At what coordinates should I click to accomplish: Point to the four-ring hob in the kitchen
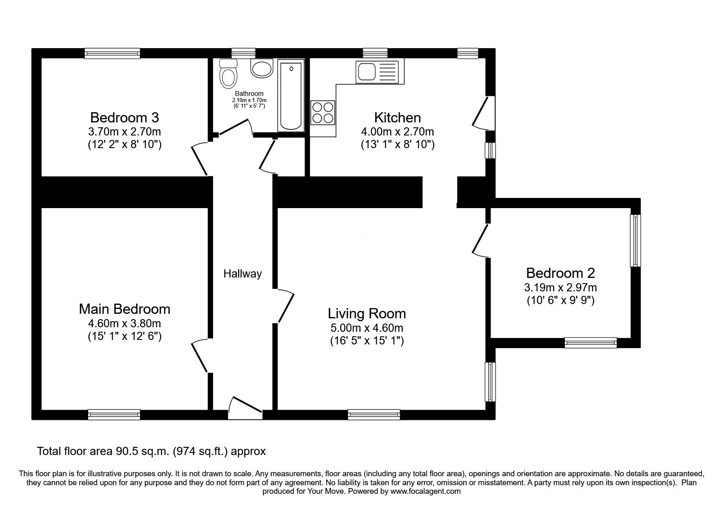click(323, 113)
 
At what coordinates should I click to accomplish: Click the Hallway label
click(242, 274)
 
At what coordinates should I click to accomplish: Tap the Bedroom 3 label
click(125, 118)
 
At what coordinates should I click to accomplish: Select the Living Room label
click(367, 313)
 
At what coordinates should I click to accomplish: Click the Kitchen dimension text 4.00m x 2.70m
click(398, 132)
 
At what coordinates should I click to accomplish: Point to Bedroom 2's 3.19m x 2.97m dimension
click(561, 287)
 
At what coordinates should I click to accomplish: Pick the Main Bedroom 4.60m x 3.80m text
click(125, 324)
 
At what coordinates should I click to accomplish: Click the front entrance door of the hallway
click(245, 407)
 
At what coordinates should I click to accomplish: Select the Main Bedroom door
click(200, 355)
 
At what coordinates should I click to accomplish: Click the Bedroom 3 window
click(112, 53)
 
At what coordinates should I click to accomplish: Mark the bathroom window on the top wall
click(243, 53)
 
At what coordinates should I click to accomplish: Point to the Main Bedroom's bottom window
click(114, 415)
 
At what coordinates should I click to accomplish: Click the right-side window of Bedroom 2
click(635, 241)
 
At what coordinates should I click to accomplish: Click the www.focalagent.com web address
click(425, 491)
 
